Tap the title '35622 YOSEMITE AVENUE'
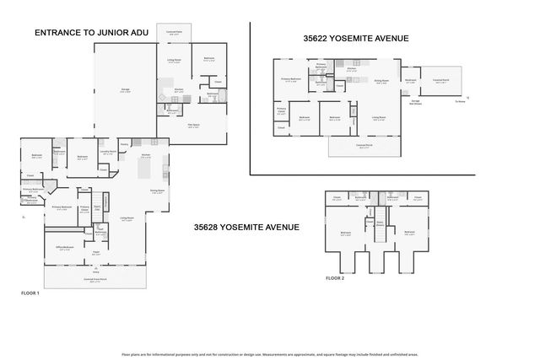point(356,38)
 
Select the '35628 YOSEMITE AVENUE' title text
point(246,227)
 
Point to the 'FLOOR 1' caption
point(30,292)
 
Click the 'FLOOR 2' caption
point(335,278)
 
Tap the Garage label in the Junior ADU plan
point(125,92)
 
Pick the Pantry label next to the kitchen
point(123,145)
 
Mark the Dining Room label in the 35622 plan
point(381,81)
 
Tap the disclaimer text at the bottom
point(269,355)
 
